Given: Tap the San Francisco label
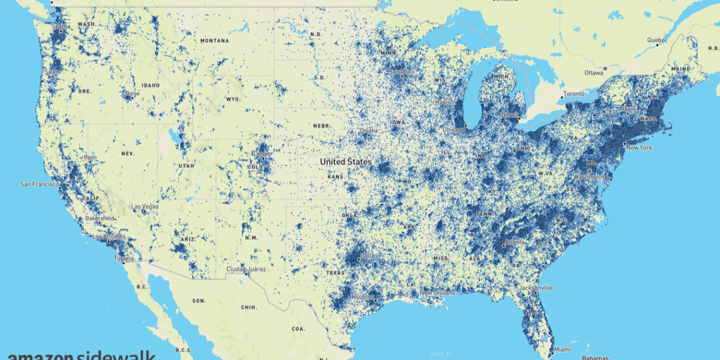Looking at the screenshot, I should click(39, 184).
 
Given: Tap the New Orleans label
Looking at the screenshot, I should click(437, 292).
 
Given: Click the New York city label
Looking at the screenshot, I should click(638, 147).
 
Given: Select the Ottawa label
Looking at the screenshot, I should click(594, 72).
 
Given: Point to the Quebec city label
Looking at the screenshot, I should click(657, 40).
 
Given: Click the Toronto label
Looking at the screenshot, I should click(574, 93).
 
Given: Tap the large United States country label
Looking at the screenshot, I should click(345, 162).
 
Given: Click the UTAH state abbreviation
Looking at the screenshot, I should click(186, 165).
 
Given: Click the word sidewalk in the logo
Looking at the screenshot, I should click(117, 356).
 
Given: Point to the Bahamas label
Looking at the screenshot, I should click(594, 357).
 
